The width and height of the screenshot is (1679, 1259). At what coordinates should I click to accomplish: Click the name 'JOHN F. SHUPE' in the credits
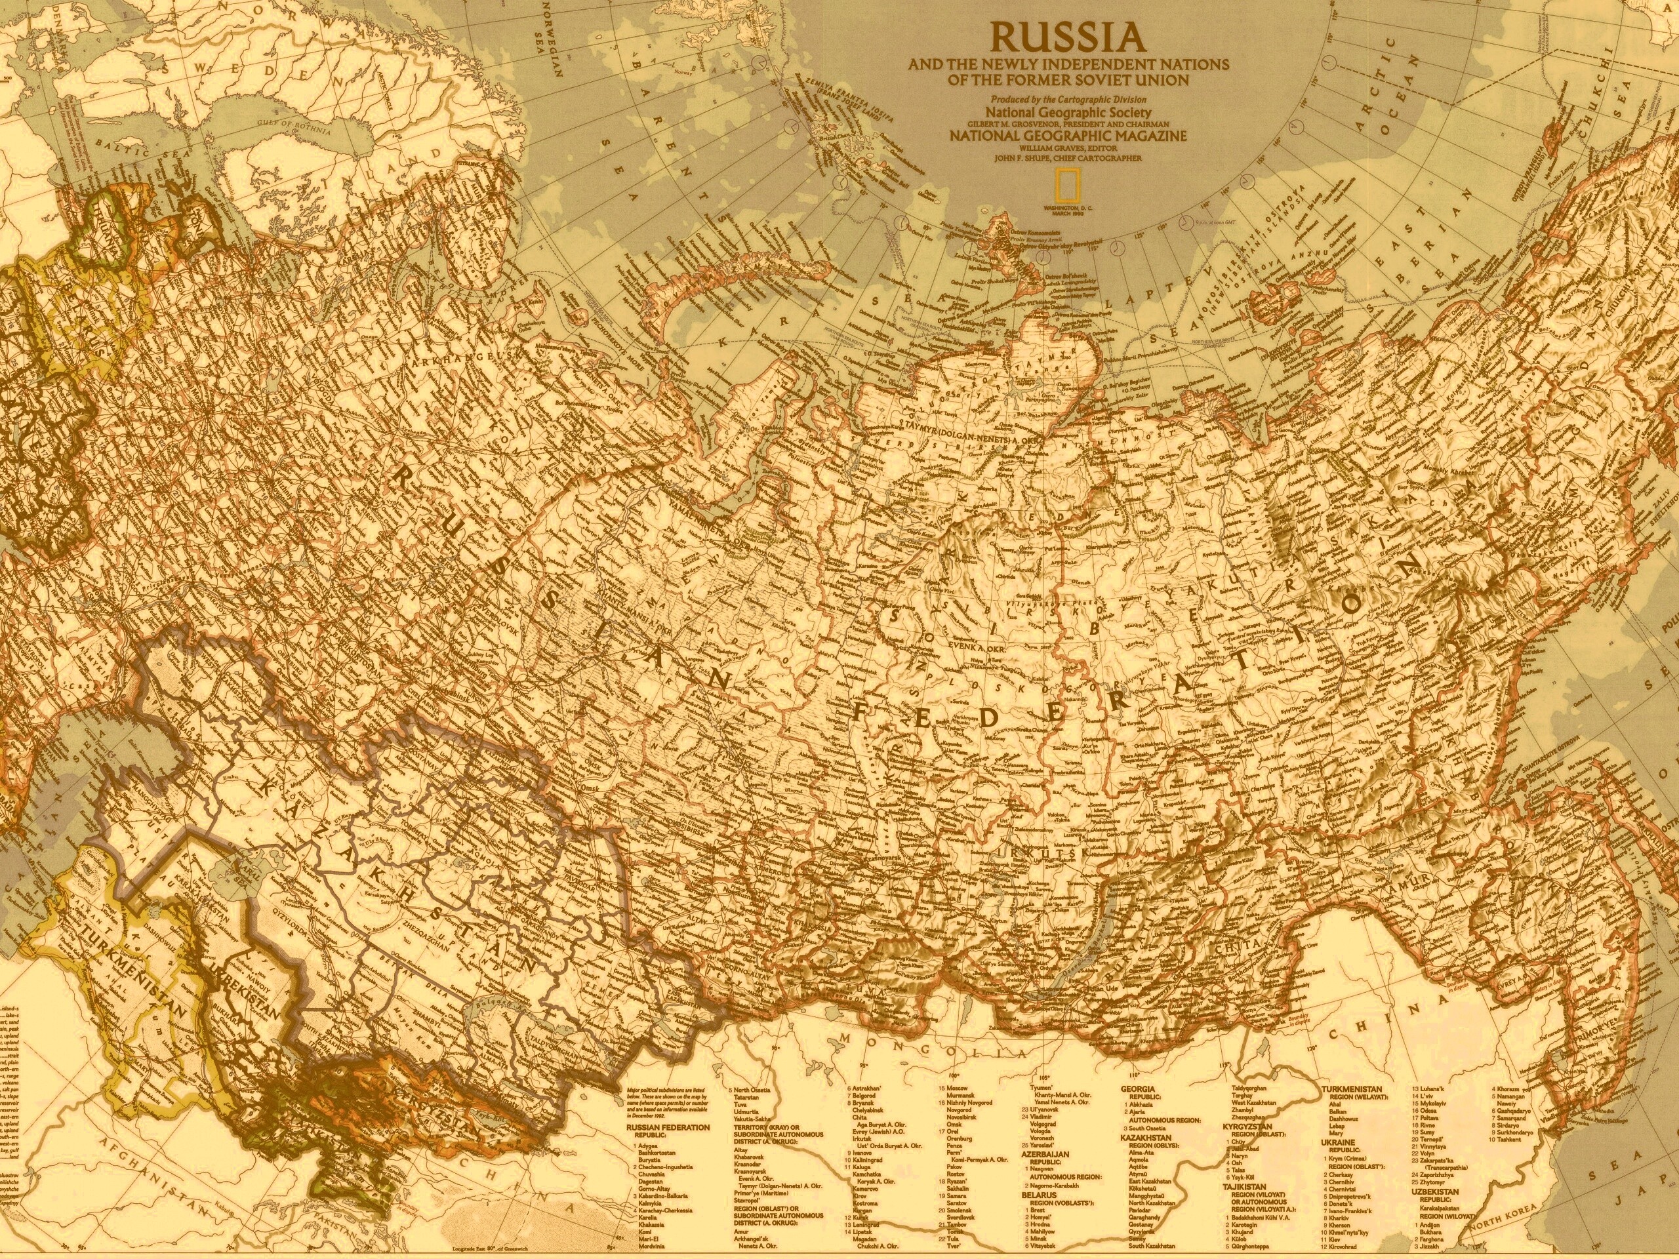click(x=1042, y=158)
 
